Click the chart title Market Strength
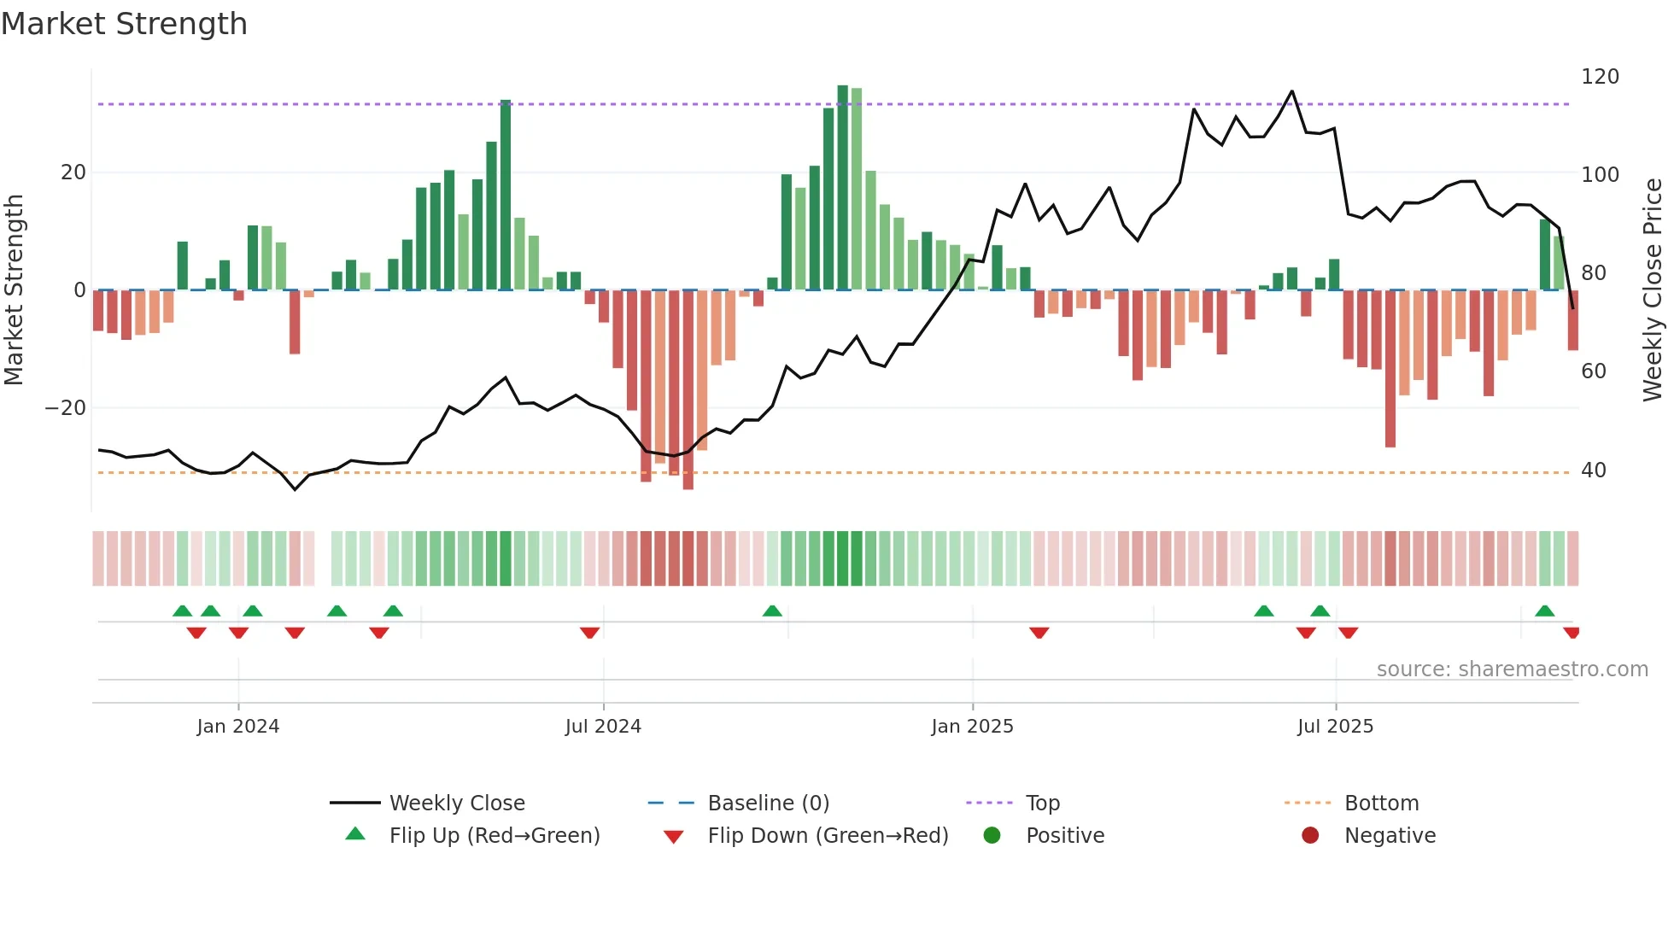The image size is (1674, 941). coord(124,24)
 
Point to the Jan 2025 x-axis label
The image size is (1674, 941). coord(972,726)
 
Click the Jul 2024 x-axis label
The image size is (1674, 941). coord(603,726)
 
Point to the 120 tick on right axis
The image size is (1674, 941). coord(1600,77)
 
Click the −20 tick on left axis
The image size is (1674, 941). coord(66,408)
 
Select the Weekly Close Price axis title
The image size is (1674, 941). coord(1653,290)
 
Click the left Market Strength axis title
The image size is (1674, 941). coord(15,290)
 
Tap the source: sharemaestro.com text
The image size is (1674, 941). coord(1512,669)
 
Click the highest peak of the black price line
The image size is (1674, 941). coord(1291,91)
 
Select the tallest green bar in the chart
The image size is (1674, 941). coord(843,188)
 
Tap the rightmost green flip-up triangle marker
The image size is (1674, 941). coord(1544,611)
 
